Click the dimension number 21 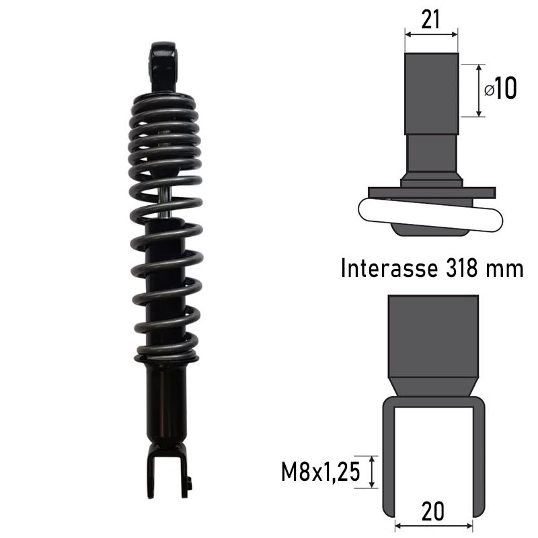click(x=430, y=19)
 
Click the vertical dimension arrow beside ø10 click(x=479, y=90)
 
